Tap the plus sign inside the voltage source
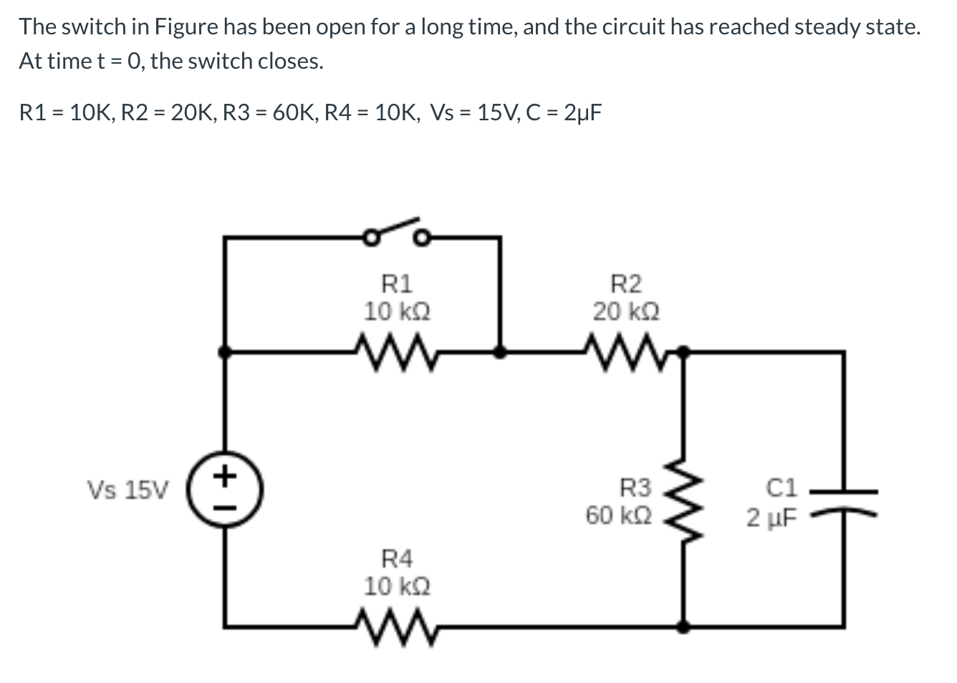tap(226, 475)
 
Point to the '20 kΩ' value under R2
tap(625, 312)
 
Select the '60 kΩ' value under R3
tap(619, 515)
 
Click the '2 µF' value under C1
tap(771, 517)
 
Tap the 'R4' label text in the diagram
tap(396, 558)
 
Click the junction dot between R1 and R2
tap(500, 352)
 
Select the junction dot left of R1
tap(225, 352)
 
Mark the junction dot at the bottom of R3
tap(684, 626)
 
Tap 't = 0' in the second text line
tap(119, 62)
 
